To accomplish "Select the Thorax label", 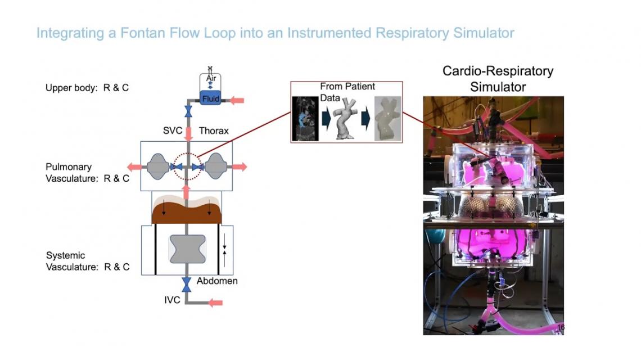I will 214,130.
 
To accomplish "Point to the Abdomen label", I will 217,280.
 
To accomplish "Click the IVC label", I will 172,300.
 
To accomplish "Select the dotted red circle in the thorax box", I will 186,166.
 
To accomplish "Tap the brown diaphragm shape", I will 186,211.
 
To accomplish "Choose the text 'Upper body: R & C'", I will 87,88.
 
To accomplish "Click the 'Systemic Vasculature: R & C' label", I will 87,261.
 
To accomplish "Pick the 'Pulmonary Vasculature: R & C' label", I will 87,173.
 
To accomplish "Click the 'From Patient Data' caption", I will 347,92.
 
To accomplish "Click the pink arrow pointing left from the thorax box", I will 136,166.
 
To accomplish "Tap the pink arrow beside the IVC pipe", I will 215,303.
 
